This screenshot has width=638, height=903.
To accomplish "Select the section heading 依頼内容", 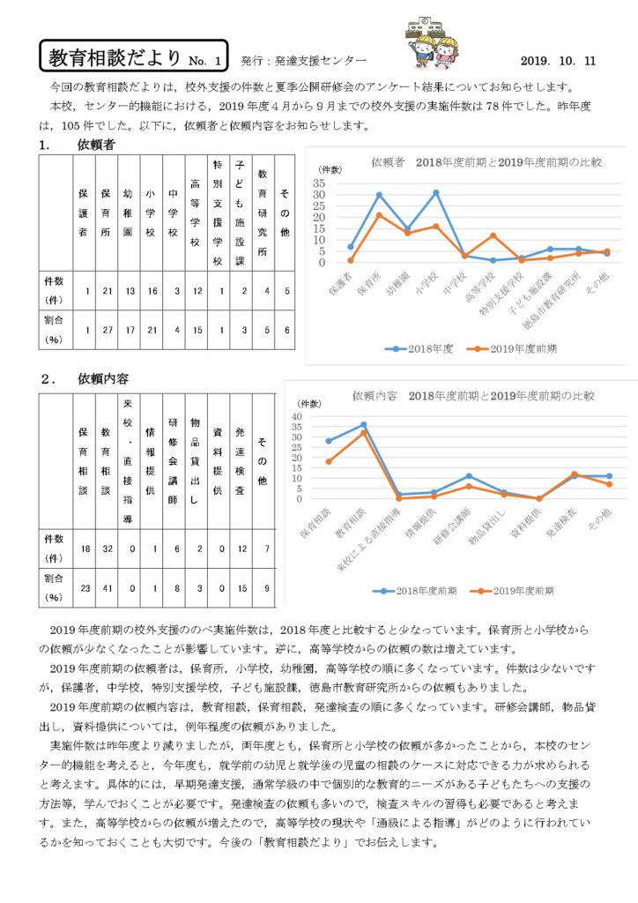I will (103, 379).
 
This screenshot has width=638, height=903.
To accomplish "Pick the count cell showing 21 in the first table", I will (106, 290).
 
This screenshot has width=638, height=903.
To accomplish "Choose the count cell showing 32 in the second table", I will (106, 549).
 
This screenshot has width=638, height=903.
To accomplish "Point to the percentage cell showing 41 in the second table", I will (106, 586).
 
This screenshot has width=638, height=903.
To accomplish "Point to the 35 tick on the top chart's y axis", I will (320, 183).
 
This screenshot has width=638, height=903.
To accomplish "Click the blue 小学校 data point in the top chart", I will (435, 192).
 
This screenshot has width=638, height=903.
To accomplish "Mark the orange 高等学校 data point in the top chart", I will (493, 235).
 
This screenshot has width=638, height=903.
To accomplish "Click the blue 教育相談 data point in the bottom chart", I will (363, 425).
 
